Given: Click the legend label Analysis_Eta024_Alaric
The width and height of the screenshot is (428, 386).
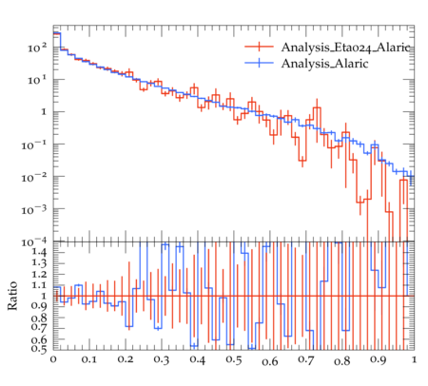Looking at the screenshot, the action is pyautogui.click(x=346, y=48).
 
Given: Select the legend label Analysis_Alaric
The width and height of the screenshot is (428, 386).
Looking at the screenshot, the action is pyautogui.click(x=325, y=64).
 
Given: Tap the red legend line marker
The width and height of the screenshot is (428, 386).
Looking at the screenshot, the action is pyautogui.click(x=259, y=47).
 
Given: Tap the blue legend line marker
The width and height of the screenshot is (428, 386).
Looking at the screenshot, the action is pyautogui.click(x=259, y=63).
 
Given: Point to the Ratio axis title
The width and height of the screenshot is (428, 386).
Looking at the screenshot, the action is pyautogui.click(x=12, y=296).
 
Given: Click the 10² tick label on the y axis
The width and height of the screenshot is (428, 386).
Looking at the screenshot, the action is pyautogui.click(x=37, y=48).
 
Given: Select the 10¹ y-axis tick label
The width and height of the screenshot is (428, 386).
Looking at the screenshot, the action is pyautogui.click(x=37, y=81).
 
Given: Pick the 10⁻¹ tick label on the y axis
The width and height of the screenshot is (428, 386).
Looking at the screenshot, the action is pyautogui.click(x=34, y=145).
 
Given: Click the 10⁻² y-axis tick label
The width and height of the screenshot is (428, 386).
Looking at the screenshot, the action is pyautogui.click(x=34, y=178).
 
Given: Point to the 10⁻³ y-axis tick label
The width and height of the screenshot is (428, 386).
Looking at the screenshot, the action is pyautogui.click(x=34, y=210).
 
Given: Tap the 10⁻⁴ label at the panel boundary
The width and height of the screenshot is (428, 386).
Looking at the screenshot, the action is pyautogui.click(x=34, y=242).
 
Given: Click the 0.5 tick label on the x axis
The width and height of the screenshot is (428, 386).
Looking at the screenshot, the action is pyautogui.click(x=234, y=359).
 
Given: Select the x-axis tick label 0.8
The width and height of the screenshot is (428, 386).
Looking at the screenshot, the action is pyautogui.click(x=342, y=360).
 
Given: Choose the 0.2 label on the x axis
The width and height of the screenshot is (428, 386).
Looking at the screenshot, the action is pyautogui.click(x=126, y=359).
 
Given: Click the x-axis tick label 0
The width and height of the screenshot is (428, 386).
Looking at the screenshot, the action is pyautogui.click(x=53, y=359).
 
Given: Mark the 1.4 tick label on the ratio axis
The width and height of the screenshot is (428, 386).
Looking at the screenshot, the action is pyautogui.click(x=39, y=253).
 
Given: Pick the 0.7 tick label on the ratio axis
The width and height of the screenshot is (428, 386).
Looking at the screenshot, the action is pyautogui.click(x=39, y=326).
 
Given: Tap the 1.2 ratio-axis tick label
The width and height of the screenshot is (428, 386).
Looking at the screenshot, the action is pyautogui.click(x=39, y=274).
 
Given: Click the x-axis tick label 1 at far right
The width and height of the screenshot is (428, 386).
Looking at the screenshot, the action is pyautogui.click(x=414, y=359).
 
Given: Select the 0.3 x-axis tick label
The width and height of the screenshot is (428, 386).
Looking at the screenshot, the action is pyautogui.click(x=162, y=359).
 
